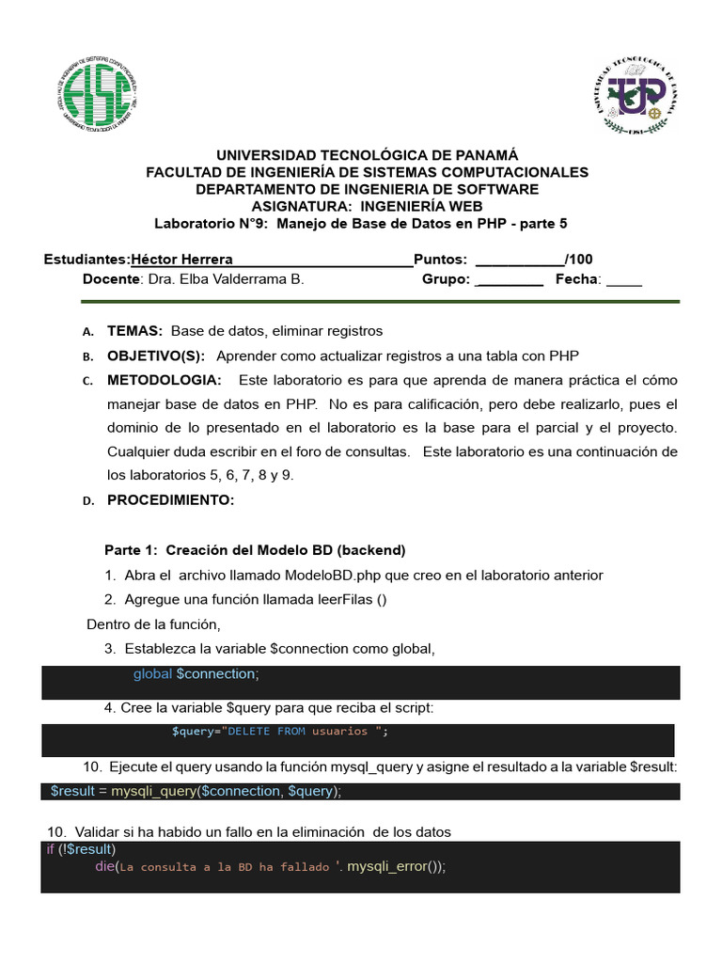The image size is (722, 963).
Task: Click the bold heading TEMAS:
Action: [x=135, y=331]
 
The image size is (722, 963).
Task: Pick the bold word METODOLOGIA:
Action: [x=165, y=380]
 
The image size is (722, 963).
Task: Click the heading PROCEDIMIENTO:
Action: [x=170, y=500]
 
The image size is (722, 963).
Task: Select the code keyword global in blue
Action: [x=152, y=674]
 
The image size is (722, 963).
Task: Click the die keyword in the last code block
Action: [x=104, y=866]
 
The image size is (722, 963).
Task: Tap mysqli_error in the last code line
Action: [x=385, y=866]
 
